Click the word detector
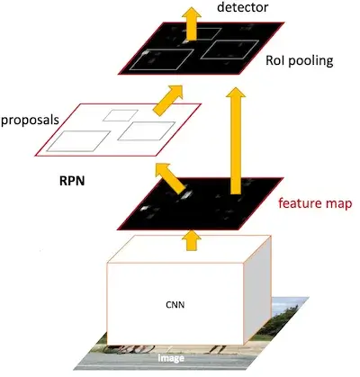[242, 7]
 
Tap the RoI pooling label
[300, 61]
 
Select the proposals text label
[30, 121]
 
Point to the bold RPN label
[72, 181]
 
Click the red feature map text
[315, 203]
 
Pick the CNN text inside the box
[175, 305]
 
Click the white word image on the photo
[171, 358]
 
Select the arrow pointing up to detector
[191, 23]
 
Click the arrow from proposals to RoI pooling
[167, 100]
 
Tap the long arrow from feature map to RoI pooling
[236, 140]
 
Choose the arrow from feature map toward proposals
[170, 178]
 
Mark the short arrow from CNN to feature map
[191, 240]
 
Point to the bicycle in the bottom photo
[129, 349]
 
